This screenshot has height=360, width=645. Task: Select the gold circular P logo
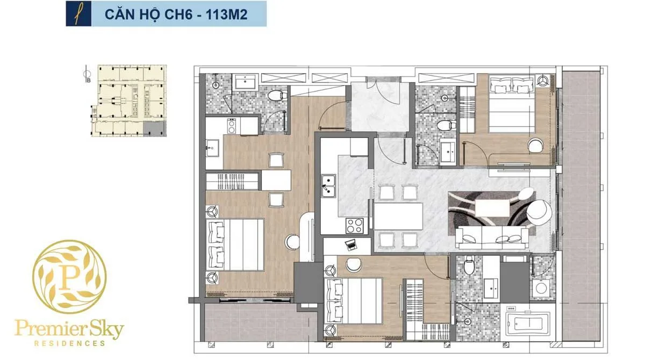69,277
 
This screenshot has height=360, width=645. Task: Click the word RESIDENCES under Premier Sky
69,342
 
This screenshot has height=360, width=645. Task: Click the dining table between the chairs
398,215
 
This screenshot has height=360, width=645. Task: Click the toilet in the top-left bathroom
276,97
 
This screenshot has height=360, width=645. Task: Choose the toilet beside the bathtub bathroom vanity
468,265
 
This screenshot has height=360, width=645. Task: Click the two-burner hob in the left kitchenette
232,126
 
